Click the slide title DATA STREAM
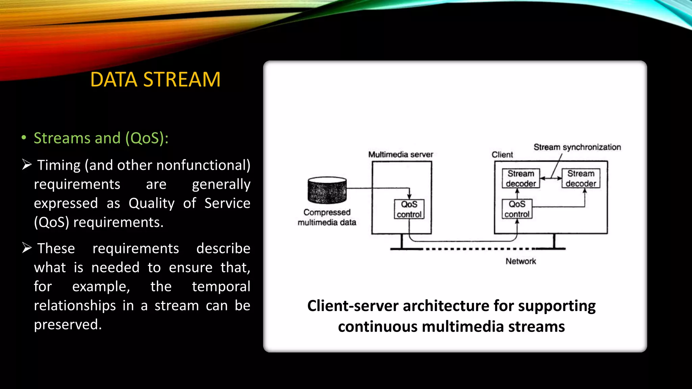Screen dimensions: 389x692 click(x=155, y=80)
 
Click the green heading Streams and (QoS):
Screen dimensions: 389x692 click(x=101, y=138)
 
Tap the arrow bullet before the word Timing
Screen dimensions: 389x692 click(x=27, y=164)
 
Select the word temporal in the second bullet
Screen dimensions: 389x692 click(x=221, y=286)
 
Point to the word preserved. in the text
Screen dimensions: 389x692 click(x=68, y=325)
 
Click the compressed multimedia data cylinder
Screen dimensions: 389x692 click(x=327, y=190)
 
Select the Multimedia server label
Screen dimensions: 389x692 click(x=400, y=155)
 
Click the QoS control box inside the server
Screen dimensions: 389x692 click(x=409, y=209)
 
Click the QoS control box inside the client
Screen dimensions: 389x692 click(x=517, y=209)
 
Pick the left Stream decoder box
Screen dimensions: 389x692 click(x=521, y=178)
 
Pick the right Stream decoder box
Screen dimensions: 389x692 click(x=580, y=178)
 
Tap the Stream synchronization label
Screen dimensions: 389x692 click(x=577, y=147)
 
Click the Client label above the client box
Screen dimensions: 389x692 click(x=502, y=155)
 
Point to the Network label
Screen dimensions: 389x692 click(x=521, y=261)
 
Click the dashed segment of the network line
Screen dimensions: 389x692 click(x=480, y=249)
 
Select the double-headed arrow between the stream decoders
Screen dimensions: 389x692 click(x=551, y=178)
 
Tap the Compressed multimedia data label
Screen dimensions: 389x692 click(x=327, y=217)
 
